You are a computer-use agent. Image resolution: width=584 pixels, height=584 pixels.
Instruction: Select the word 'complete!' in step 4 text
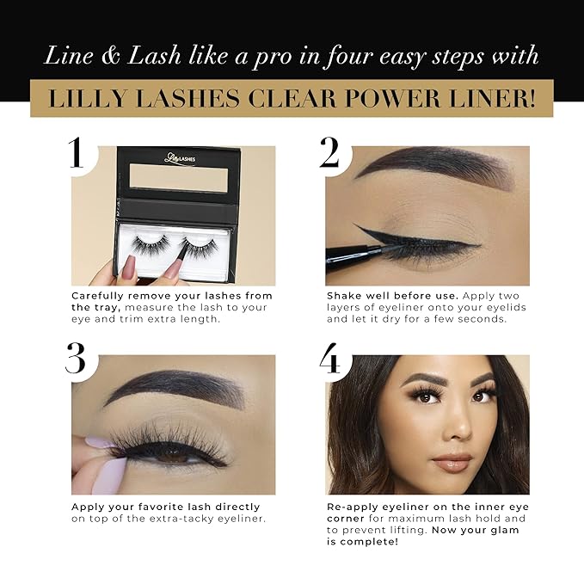coord(366,542)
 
